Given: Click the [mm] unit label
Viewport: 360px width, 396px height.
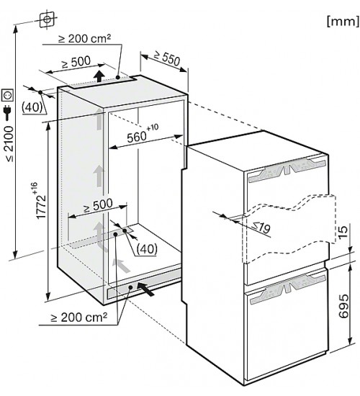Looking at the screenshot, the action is point(343,21).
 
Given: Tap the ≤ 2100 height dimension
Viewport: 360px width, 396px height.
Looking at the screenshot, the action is point(9,143).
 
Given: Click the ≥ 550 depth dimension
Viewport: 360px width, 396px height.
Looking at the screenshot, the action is point(167,59).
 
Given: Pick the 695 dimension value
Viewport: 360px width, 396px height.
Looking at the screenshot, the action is point(343,306).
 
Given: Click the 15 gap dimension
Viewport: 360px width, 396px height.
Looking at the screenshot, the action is point(343,230).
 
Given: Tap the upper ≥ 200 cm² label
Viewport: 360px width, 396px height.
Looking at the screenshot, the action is point(85,38).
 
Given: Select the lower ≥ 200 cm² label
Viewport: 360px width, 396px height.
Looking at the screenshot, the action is point(79,318).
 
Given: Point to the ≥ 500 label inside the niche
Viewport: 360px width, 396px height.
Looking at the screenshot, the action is point(98,205).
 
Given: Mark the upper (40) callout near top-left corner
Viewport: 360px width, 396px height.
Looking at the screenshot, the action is point(32,107).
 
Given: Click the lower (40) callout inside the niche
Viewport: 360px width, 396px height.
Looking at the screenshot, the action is point(147,249).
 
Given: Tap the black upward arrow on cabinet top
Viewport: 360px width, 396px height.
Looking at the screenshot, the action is point(99,76).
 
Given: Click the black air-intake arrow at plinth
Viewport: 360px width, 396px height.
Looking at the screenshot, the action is point(145,289).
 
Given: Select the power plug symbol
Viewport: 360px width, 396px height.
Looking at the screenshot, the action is point(8,112).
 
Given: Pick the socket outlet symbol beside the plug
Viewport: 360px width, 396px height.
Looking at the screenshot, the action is point(8,95).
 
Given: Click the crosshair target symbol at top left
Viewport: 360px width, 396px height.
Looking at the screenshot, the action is point(47,19).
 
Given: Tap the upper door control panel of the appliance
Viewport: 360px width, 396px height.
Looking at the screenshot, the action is point(287,170).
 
